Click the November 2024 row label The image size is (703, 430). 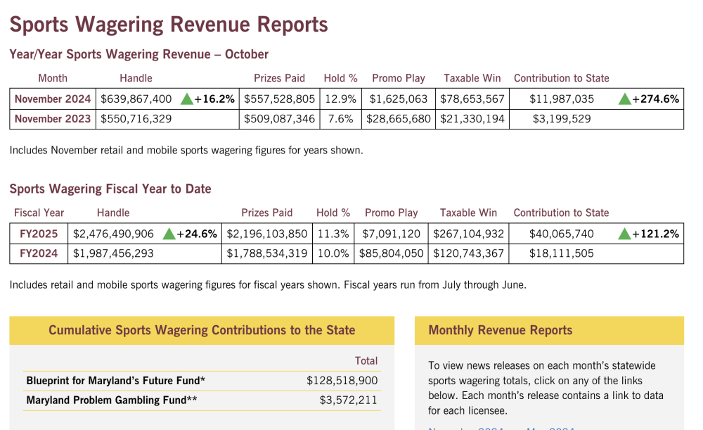click(x=53, y=99)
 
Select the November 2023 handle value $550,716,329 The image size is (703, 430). click(x=136, y=119)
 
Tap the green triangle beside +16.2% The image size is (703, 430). click(x=186, y=99)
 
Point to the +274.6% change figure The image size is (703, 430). click(x=655, y=99)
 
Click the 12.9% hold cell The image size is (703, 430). click(x=341, y=99)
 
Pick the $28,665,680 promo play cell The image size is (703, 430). click(x=399, y=119)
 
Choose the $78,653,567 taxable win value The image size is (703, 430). click(x=472, y=99)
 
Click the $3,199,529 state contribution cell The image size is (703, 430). click(x=562, y=119)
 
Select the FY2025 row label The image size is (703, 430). click(x=39, y=234)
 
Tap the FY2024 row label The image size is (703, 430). click(x=39, y=253)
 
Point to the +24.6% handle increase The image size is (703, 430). click(x=197, y=234)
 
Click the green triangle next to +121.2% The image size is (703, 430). click(x=624, y=234)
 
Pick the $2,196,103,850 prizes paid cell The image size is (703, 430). click(x=267, y=234)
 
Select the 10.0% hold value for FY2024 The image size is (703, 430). click(x=333, y=253)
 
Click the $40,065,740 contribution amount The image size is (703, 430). click(x=561, y=234)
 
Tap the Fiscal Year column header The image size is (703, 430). click(x=39, y=213)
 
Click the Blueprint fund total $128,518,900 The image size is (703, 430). click(x=342, y=381)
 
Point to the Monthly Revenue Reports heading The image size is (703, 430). click(x=501, y=330)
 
